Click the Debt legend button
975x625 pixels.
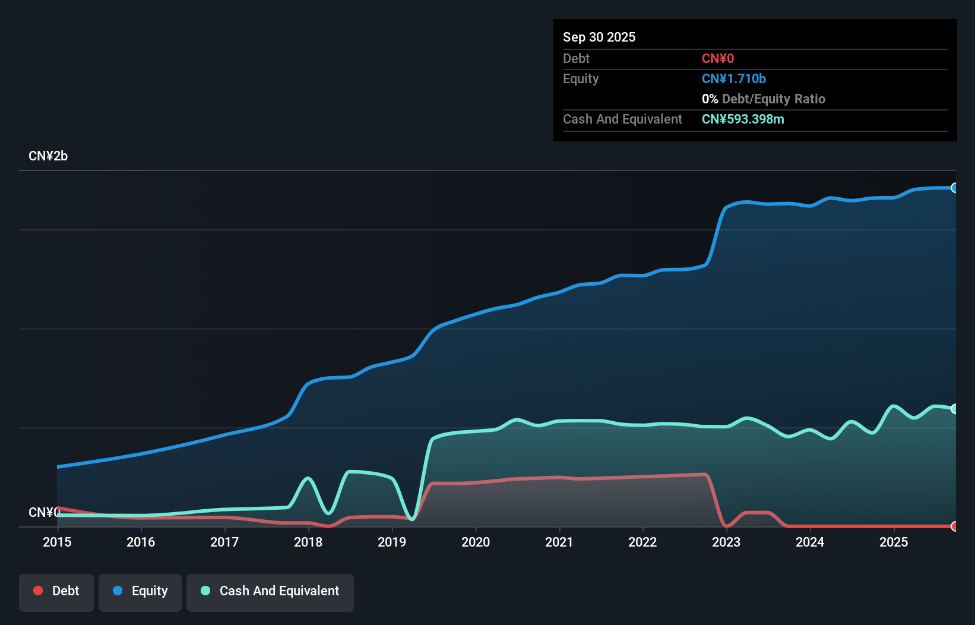[56, 591]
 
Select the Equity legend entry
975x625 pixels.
[140, 591]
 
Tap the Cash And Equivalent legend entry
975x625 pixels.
[270, 591]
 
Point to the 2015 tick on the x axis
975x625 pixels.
[57, 542]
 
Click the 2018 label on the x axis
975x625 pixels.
[308, 542]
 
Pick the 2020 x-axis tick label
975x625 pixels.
[476, 542]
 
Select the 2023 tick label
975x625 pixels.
[726, 542]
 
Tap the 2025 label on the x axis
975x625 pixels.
[894, 542]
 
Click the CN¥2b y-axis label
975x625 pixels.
[48, 156]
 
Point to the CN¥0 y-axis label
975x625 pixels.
[44, 512]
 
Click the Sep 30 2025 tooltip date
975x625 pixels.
[599, 37]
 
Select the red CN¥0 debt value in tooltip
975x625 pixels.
[718, 58]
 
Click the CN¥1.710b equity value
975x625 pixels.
[734, 78]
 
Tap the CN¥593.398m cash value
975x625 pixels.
[743, 119]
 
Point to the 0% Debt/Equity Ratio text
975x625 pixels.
[764, 99]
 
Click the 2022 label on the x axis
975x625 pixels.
[642, 542]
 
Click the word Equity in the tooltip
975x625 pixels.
[581, 78]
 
